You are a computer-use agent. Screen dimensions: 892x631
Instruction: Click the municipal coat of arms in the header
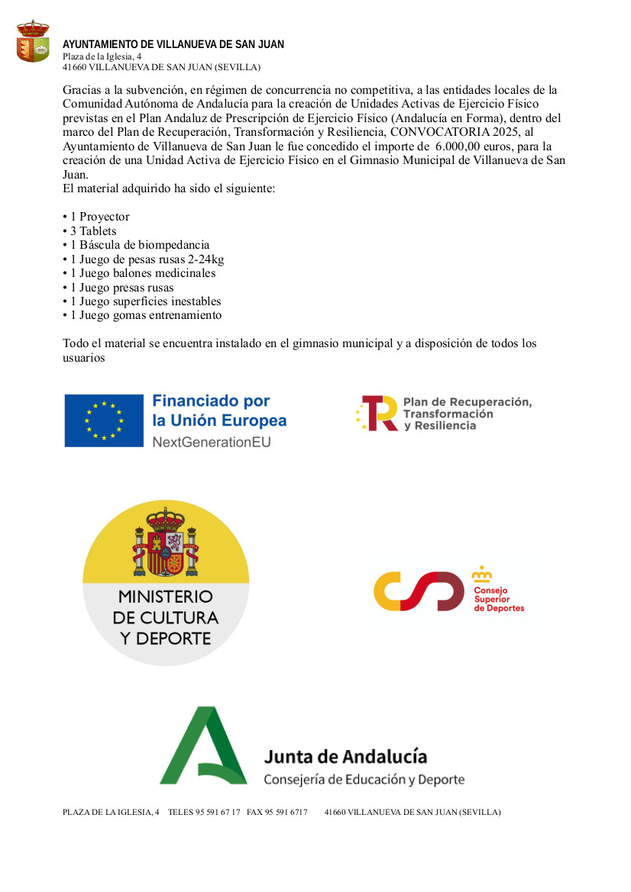[32, 42]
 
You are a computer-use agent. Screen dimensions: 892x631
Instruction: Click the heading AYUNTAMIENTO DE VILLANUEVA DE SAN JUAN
[173, 45]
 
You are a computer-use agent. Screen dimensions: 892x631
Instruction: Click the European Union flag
[104, 420]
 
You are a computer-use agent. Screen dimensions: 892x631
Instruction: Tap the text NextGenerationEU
[212, 442]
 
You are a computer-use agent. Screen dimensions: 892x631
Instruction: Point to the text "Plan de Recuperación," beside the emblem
[467, 401]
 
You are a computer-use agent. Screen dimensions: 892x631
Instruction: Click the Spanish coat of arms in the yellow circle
[166, 543]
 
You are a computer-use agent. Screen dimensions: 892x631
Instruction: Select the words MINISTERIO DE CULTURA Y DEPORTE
[166, 617]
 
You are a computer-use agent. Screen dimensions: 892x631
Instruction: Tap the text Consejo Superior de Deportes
[499, 599]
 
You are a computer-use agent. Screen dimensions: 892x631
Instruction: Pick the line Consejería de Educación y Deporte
[364, 779]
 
